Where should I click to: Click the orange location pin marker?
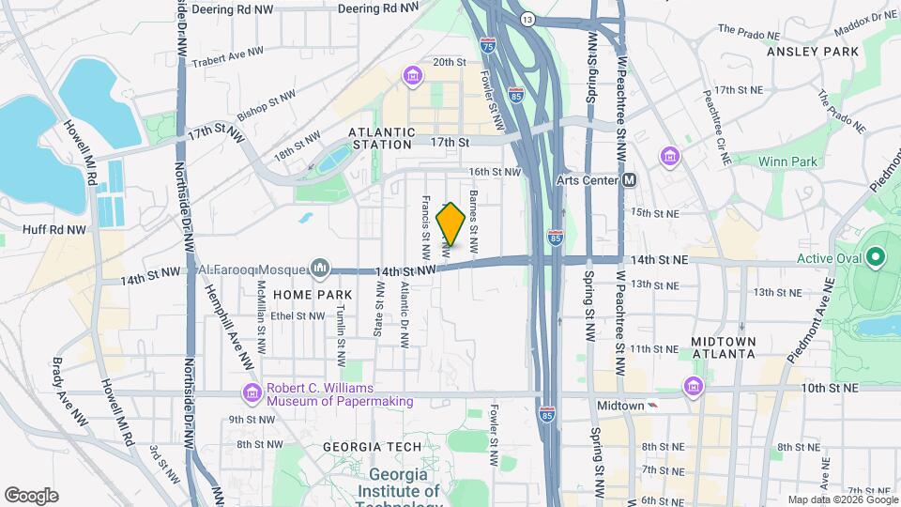[x=450, y=225]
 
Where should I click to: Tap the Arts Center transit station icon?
[x=629, y=179]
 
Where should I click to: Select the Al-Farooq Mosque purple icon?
[x=321, y=269]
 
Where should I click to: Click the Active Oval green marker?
[x=875, y=256]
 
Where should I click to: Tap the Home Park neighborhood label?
[x=298, y=294]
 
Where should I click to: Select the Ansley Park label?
[x=813, y=52]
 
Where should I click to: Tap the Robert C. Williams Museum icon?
[x=252, y=392]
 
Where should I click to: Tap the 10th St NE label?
[x=831, y=387]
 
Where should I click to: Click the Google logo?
[x=31, y=495]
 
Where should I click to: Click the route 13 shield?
[x=528, y=19]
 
